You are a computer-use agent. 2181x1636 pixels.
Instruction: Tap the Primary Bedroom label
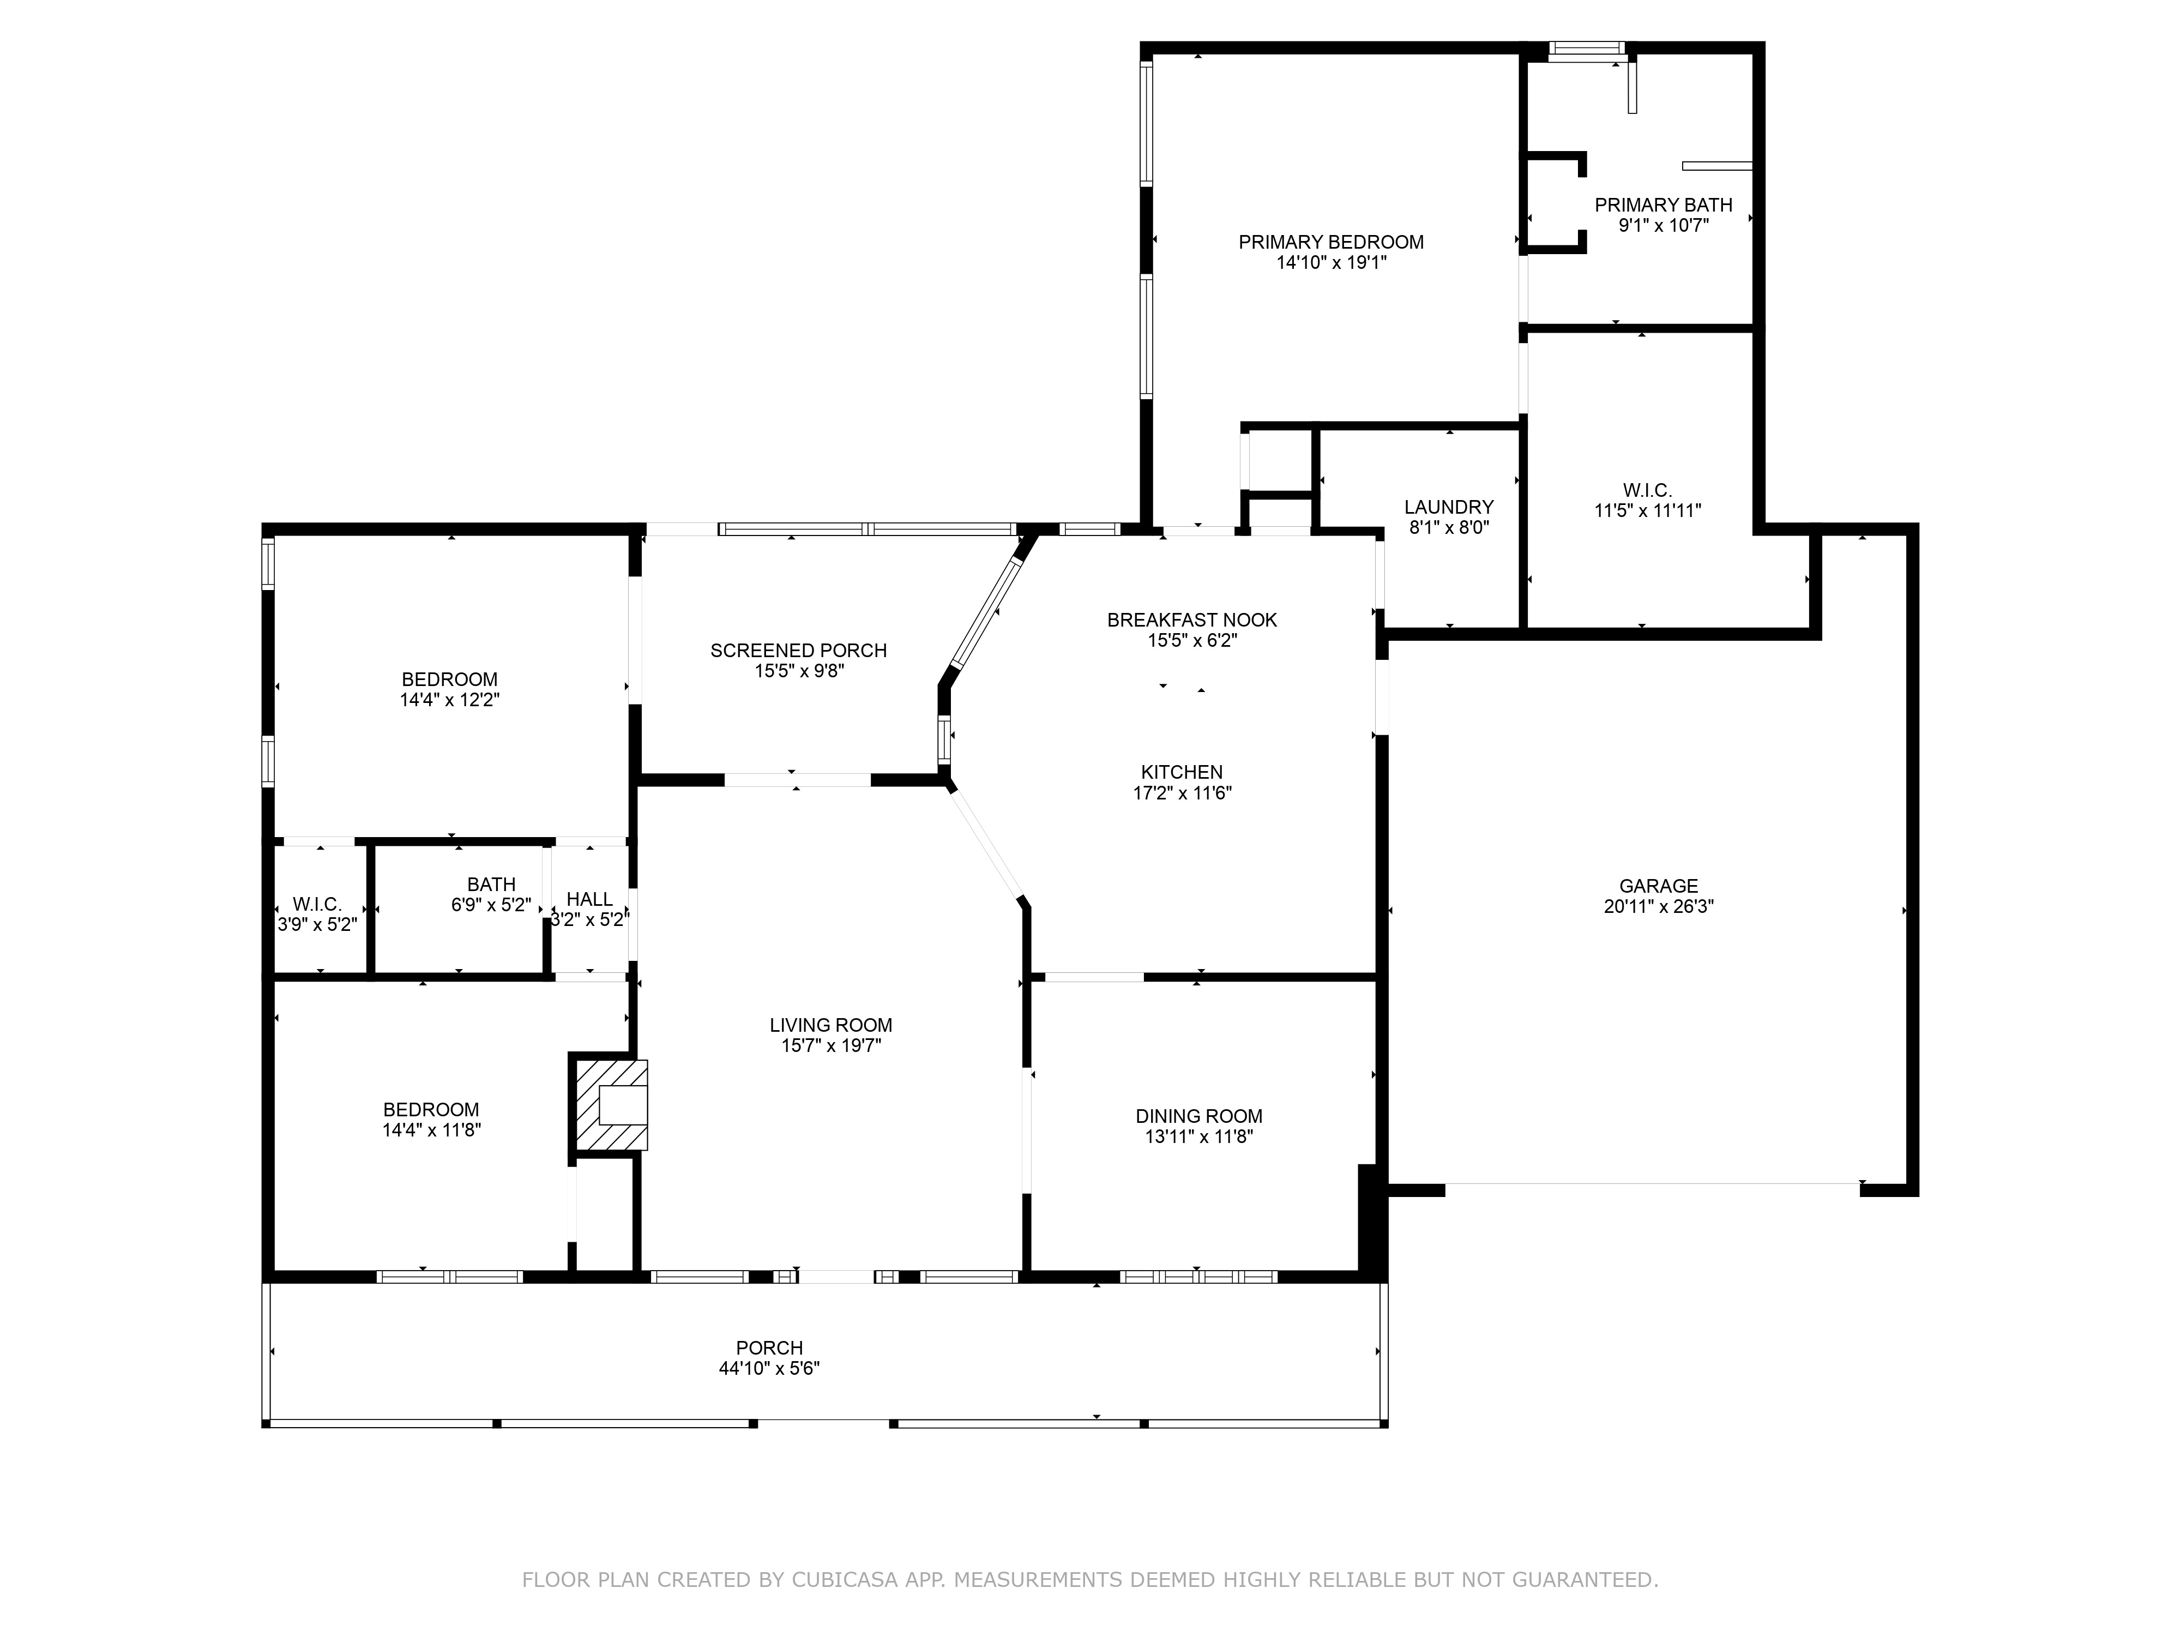click(1331, 242)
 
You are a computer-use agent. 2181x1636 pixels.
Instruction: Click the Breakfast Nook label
click(1192, 619)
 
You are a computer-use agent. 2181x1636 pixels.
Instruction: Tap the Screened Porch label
click(799, 650)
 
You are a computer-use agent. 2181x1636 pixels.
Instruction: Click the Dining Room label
click(1199, 1115)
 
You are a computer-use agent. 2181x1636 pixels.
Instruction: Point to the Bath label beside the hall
click(491, 885)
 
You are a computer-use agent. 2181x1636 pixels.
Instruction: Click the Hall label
click(589, 899)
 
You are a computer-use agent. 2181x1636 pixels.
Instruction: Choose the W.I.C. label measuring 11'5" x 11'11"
click(1648, 490)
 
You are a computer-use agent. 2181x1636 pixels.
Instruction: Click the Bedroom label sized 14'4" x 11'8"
click(431, 1109)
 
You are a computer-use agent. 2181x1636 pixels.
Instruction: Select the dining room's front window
click(1199, 1276)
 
